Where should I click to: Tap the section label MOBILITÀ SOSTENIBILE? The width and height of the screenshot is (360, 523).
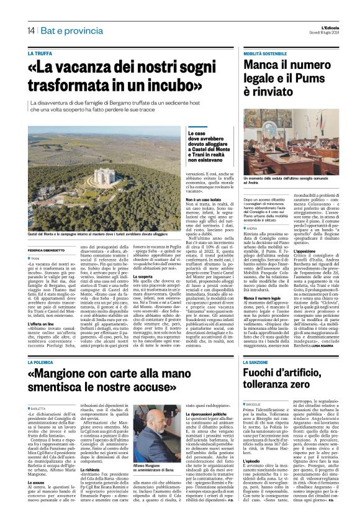(x=265, y=55)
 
